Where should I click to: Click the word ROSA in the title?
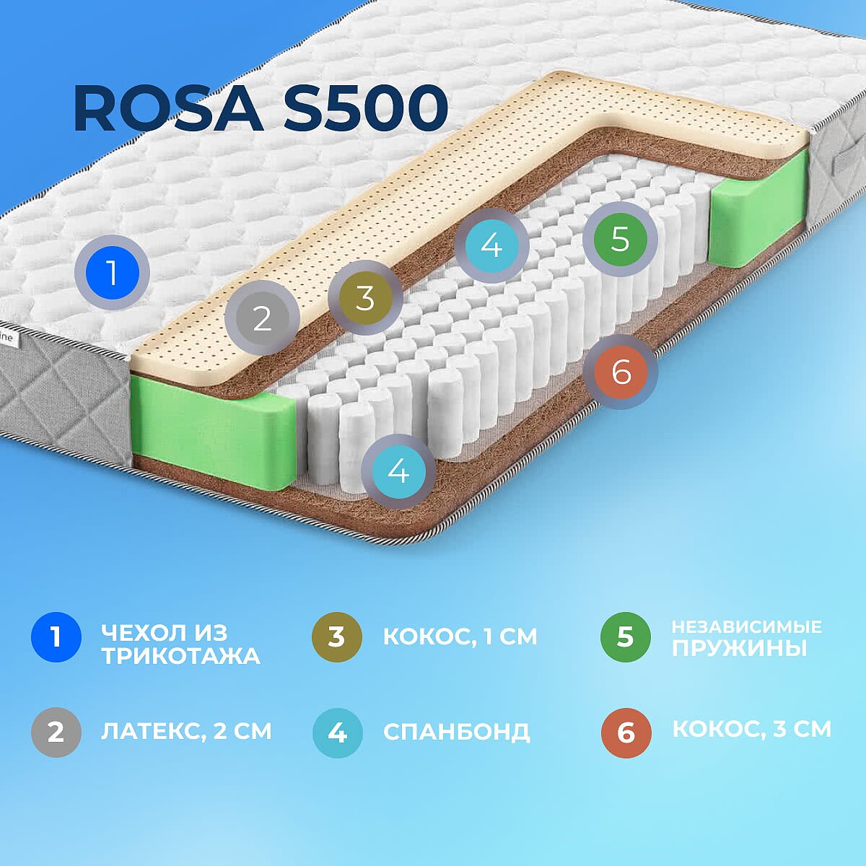(x=169, y=108)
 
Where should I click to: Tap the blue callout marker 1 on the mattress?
(x=112, y=272)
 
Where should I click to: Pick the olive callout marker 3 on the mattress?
(x=365, y=297)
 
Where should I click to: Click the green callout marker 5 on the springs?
(x=620, y=239)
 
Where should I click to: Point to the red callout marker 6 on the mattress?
(x=621, y=372)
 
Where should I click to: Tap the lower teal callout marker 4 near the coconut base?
(x=398, y=471)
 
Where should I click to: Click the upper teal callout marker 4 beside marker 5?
(x=491, y=246)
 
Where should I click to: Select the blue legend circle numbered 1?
(x=56, y=637)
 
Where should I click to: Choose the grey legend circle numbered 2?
(x=56, y=732)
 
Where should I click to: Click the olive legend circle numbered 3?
(x=337, y=637)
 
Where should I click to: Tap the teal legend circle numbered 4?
(x=338, y=732)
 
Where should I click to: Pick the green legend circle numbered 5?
(x=626, y=637)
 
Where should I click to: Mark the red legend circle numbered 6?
(x=626, y=732)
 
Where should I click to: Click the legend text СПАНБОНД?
(x=456, y=732)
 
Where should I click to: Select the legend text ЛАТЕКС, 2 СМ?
(x=186, y=732)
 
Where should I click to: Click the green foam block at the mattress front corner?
(x=213, y=432)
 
